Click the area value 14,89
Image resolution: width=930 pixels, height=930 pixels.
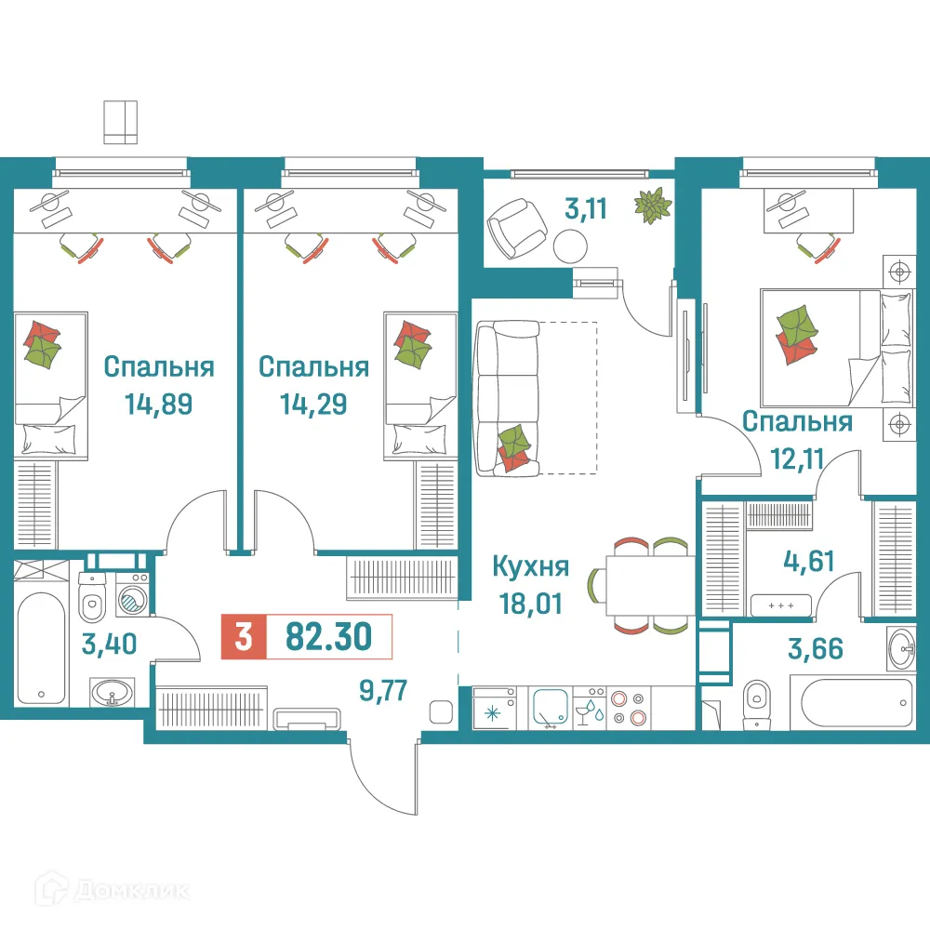[158, 405]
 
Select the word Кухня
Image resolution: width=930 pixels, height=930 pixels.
[529, 566]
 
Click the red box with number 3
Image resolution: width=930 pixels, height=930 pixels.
[243, 638]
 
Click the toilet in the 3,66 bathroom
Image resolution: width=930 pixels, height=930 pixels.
[758, 700]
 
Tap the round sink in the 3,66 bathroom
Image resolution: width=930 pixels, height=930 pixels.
[900, 648]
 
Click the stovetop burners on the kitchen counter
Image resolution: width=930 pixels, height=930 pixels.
[628, 707]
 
